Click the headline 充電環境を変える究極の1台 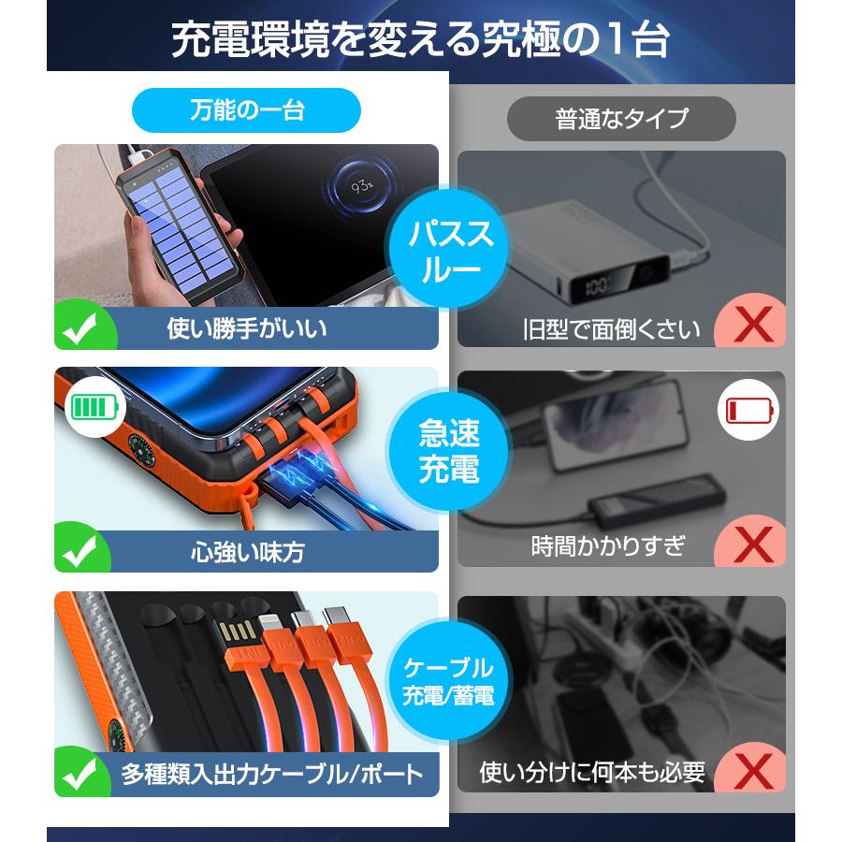[420, 39]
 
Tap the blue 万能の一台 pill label [246, 110]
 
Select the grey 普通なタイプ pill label [621, 119]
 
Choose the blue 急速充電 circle [450, 452]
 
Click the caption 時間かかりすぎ [608, 545]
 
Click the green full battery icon [96, 408]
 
